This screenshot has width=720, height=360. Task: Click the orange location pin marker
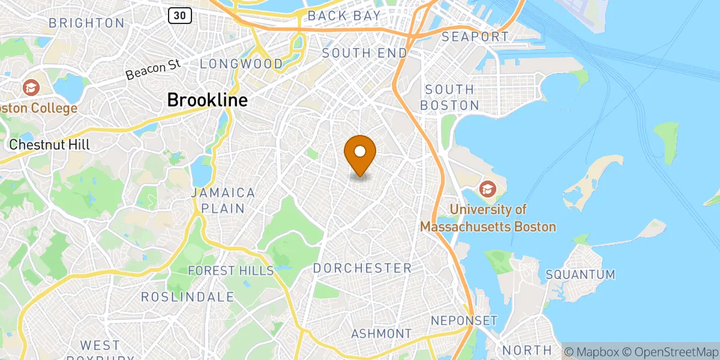pos(360,152)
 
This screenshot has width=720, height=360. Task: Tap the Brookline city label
pos(207,100)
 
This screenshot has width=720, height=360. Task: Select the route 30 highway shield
pos(179,16)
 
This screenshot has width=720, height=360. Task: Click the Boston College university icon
pos(30,88)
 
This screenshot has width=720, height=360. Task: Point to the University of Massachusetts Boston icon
pos(487,189)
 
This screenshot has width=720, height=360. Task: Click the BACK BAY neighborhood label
pos(344,16)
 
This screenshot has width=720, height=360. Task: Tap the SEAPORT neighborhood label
pos(475,37)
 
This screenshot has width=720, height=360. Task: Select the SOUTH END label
pos(365,53)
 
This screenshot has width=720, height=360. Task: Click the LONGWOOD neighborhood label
pos(242,64)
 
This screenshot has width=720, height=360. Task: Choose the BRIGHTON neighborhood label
pos(86,23)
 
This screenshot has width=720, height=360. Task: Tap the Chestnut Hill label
pos(50,145)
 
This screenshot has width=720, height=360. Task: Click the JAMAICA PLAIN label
pos(223,200)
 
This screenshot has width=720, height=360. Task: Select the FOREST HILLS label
pos(230,271)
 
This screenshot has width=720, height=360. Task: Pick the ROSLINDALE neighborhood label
pos(187,297)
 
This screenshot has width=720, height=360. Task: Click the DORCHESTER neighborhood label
pos(362,268)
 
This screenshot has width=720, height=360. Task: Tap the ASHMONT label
pos(382,334)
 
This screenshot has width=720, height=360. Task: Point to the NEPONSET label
pos(464,320)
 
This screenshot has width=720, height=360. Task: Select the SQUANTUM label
pos(580,275)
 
